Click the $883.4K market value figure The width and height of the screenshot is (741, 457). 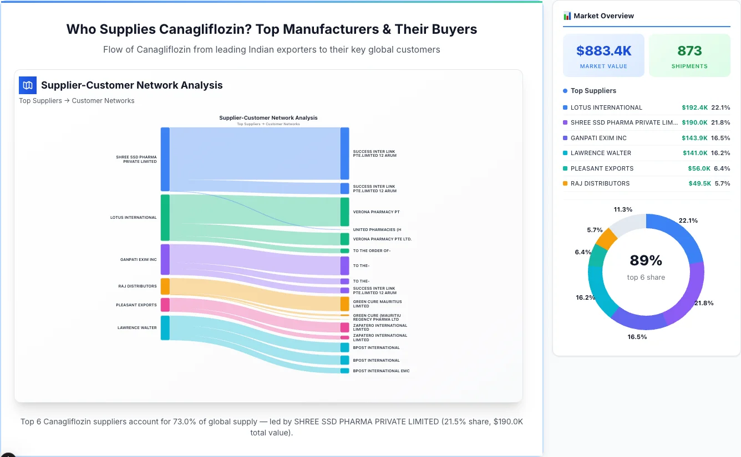point(603,51)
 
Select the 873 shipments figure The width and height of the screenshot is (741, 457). point(689,51)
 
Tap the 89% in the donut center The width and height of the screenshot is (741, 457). point(646,260)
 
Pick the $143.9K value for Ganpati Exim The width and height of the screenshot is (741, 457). point(694,138)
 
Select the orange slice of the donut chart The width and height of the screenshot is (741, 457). point(606,238)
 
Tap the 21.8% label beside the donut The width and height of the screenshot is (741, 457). point(704,303)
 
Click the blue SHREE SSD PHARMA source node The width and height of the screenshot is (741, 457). point(165,159)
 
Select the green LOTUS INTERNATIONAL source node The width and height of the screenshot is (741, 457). point(165,217)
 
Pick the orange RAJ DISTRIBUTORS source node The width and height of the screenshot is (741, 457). point(165,286)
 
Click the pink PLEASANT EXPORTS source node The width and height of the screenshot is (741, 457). point(165,305)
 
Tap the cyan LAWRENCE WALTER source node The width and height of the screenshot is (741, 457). point(165,327)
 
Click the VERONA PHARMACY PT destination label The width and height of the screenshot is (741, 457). point(376,212)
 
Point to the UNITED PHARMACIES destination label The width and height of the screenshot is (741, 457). point(377,229)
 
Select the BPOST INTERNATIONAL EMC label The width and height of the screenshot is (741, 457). point(381,371)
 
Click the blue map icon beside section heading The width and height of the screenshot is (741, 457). point(27,85)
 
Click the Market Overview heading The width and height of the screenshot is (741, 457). point(603,16)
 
